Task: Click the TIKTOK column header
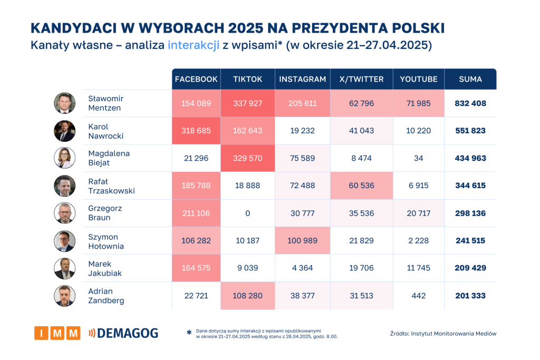(x=247, y=79)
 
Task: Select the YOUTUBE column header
(x=418, y=79)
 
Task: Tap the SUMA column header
(x=470, y=79)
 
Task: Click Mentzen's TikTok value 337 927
(x=247, y=103)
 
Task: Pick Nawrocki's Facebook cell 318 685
(x=196, y=131)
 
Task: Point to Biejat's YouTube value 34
(x=418, y=158)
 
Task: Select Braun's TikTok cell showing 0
(x=247, y=213)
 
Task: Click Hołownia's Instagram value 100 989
(x=302, y=240)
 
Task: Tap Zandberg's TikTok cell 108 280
(x=247, y=296)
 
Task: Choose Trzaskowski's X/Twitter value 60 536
(x=361, y=186)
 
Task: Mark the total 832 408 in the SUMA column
(x=470, y=103)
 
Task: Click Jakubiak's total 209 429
(x=470, y=268)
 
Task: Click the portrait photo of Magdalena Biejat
(x=64, y=158)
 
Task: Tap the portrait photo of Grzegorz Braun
(x=64, y=213)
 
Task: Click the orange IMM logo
(x=57, y=333)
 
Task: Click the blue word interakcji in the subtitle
(x=193, y=45)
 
